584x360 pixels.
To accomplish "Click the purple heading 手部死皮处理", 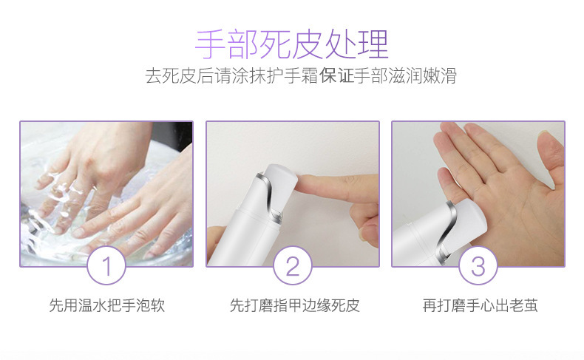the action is (292, 44).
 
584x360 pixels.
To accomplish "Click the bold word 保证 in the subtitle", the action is (336, 76).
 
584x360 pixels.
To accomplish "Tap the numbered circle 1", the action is (106, 265).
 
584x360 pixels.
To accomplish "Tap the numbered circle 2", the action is (293, 265).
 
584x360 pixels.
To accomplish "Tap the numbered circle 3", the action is (478, 265).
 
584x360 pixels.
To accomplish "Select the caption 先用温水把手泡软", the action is (107, 305).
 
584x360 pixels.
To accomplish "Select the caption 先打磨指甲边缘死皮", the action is (295, 305).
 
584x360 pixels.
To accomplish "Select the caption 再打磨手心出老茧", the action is (481, 305).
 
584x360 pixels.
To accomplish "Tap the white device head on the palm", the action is (467, 220).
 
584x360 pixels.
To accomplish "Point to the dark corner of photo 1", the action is (175, 134).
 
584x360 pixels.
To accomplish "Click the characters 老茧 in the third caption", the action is (523, 305).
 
